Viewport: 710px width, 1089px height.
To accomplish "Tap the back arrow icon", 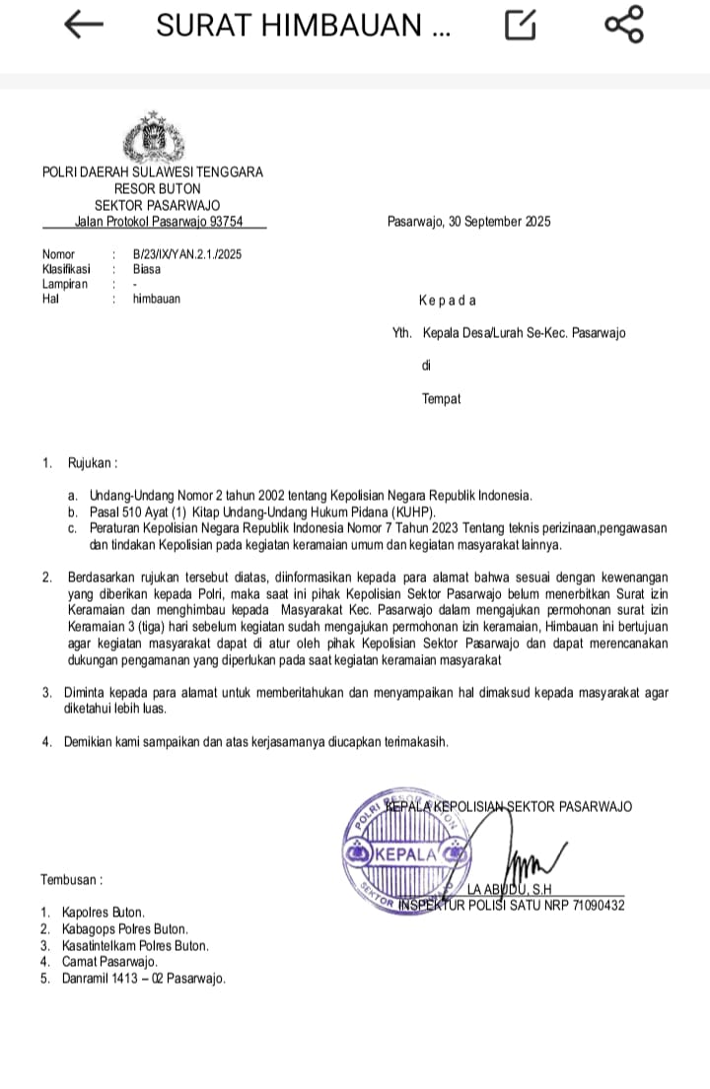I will point(84,26).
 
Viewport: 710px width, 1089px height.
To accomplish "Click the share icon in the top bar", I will point(623,26).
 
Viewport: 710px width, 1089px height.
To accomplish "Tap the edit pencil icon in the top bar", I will point(521,26).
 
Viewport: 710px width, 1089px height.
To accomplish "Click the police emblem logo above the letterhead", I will point(152,140).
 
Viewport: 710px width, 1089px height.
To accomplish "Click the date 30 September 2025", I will point(499,222).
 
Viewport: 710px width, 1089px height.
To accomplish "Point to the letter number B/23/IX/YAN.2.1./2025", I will point(187,254).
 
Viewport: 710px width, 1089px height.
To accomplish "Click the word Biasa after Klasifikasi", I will point(147,268).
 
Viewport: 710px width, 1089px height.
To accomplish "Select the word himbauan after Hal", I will point(157,298).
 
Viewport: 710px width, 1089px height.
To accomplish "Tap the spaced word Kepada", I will point(448,301).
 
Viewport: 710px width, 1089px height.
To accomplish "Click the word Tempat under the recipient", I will point(441,399).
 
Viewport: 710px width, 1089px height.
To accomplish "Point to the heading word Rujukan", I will point(92,462).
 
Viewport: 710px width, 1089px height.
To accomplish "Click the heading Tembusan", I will point(71,879).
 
